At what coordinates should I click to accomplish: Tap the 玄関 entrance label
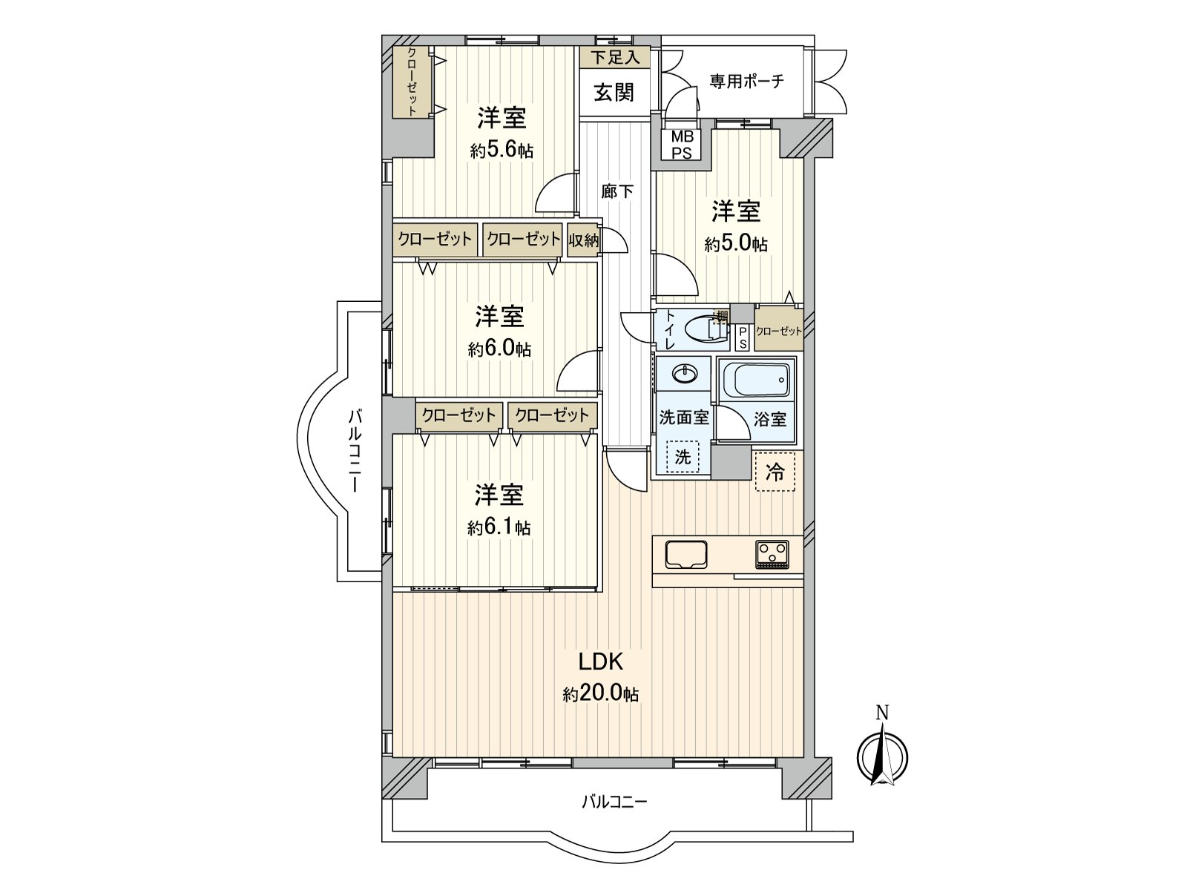coord(614,92)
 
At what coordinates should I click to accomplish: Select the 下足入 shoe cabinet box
coord(615,56)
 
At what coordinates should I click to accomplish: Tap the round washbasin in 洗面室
coord(684,373)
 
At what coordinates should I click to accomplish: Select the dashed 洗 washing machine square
coord(683,457)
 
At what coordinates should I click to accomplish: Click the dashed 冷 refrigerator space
coord(775,472)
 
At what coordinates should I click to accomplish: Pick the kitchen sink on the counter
coord(686,554)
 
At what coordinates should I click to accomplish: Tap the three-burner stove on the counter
coord(773,554)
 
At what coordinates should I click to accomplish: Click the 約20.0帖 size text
coord(601,695)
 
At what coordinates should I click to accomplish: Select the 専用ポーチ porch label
coord(746,81)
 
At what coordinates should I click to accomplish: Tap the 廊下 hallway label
coord(617,191)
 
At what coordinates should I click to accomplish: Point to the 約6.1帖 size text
coord(499,528)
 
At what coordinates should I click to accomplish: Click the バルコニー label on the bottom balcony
coord(614,801)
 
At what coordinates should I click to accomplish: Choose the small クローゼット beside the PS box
coord(778,332)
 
